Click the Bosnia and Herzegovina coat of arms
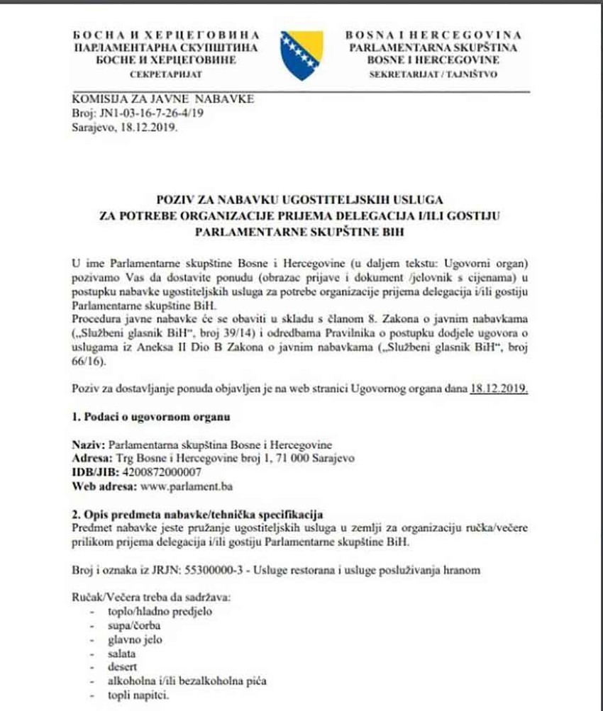point(302,56)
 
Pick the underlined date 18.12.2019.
point(499,388)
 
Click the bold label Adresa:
point(89,458)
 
